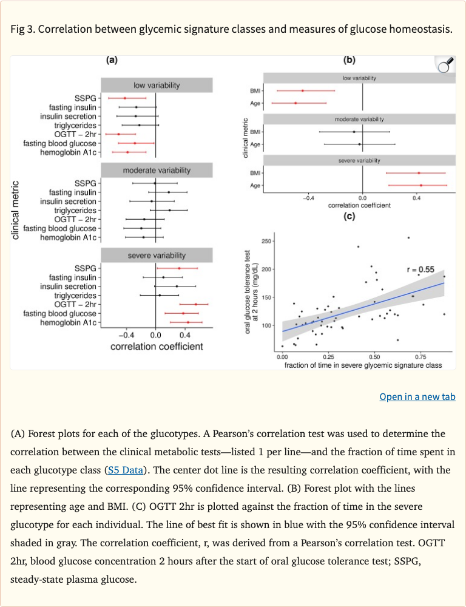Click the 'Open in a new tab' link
click(x=417, y=397)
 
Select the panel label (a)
click(x=112, y=60)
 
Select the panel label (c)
click(x=349, y=217)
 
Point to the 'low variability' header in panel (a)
click(x=157, y=85)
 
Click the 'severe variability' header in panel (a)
click(x=157, y=256)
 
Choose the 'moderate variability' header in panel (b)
click(x=363, y=120)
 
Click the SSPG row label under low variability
click(x=86, y=98)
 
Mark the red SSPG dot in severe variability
click(x=179, y=268)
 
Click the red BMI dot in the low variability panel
click(x=303, y=90)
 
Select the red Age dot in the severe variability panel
click(x=420, y=185)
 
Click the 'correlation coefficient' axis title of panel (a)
click(x=157, y=347)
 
